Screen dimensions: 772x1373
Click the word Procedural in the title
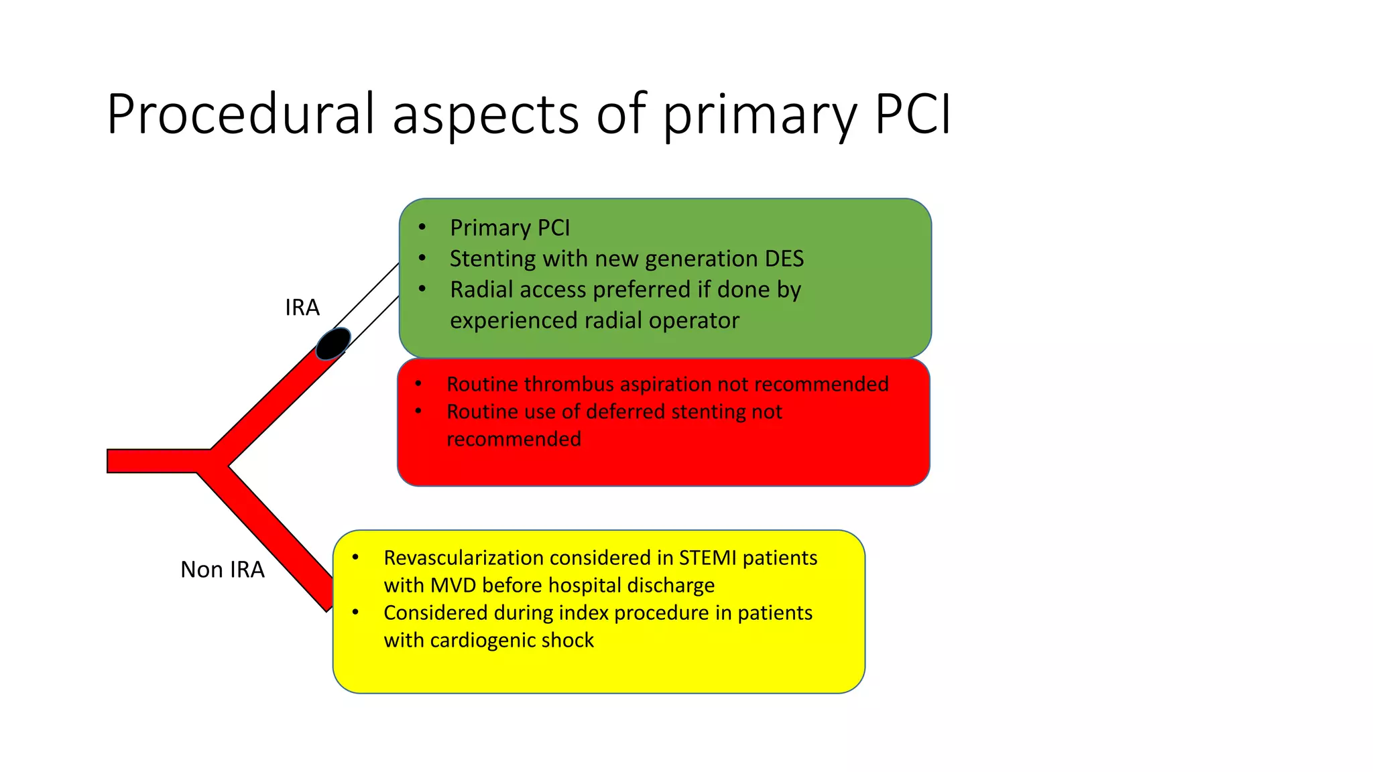[242, 114]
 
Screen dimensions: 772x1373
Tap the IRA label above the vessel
[302, 308]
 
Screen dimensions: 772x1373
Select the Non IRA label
[223, 570]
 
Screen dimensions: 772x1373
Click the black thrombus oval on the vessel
[333, 344]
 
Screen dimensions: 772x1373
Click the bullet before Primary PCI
[422, 227]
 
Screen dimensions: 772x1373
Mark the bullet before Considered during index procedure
[355, 612]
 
